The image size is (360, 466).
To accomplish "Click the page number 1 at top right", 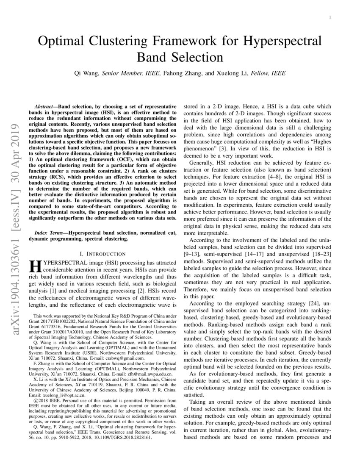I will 330,17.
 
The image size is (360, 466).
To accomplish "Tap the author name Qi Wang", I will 86,73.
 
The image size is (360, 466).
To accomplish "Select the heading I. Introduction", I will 101,254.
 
